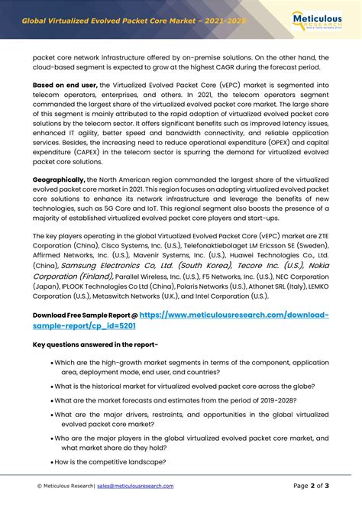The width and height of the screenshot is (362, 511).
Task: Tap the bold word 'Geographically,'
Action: pyautogui.click(x=64, y=179)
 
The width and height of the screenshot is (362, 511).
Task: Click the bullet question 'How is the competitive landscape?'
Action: pyautogui.click(x=111, y=462)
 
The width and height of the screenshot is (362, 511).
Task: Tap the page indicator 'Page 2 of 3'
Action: pyautogui.click(x=311, y=486)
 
